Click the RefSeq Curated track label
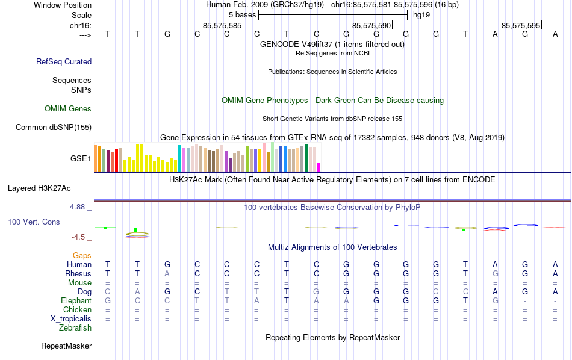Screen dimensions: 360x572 64,61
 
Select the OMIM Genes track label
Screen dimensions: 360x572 68,109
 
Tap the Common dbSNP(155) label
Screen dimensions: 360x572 54,127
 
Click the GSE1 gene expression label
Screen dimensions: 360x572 81,159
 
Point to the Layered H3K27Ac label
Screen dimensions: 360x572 51,188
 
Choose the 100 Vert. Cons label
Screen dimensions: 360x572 34,222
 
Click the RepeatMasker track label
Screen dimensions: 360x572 66,346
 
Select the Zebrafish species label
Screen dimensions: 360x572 75,328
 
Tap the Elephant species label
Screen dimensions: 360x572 76,300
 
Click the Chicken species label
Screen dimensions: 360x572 76,309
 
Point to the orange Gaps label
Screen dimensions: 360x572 82,256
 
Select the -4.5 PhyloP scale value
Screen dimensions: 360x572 81,237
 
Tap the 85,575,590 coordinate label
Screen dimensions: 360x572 371,26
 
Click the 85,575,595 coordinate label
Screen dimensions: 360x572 521,26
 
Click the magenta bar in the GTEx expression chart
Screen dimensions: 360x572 319,167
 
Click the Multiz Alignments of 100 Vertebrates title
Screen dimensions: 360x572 332,247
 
